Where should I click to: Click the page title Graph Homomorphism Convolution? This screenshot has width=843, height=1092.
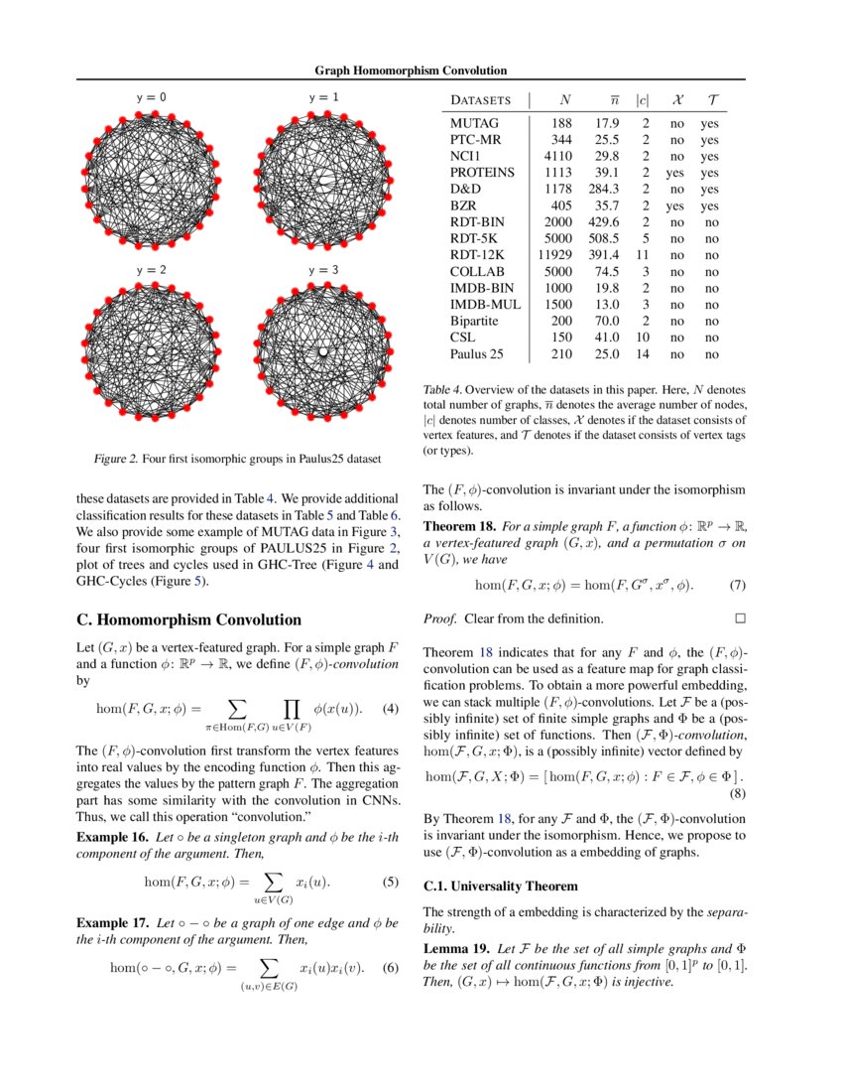tap(411, 70)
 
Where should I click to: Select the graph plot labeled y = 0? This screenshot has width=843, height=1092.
tap(150, 180)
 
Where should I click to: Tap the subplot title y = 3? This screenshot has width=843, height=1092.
tap(323, 270)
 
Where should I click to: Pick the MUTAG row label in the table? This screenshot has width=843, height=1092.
tap(474, 124)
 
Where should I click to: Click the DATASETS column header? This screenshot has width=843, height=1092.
tap(481, 100)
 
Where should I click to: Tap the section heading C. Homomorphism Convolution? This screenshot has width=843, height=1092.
tap(188, 619)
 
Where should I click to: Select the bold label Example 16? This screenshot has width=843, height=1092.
tap(112, 837)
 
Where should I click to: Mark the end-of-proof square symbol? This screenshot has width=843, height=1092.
tap(738, 618)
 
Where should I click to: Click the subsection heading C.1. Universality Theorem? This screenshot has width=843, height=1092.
tap(500, 886)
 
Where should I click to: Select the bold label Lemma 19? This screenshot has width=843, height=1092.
tap(455, 948)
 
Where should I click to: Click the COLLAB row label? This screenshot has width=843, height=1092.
tap(477, 271)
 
